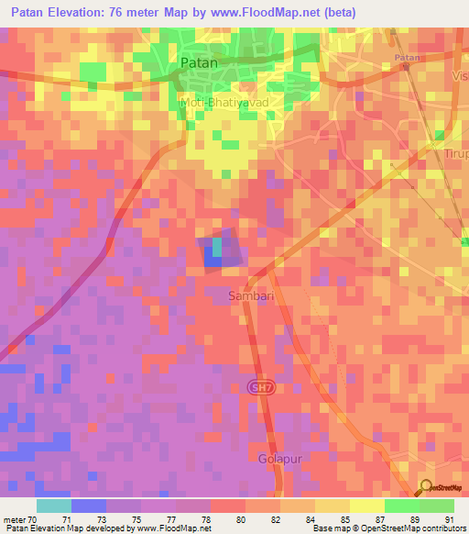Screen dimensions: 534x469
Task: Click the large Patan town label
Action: pos(200,62)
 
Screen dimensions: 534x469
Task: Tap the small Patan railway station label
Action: pos(406,58)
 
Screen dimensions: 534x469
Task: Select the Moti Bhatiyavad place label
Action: pos(224,103)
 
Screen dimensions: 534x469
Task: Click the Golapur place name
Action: pos(278,457)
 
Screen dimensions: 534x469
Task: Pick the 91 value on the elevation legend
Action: pos(449,519)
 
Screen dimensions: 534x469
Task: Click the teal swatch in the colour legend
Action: pos(54,506)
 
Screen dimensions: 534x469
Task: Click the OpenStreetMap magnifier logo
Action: pos(427,489)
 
